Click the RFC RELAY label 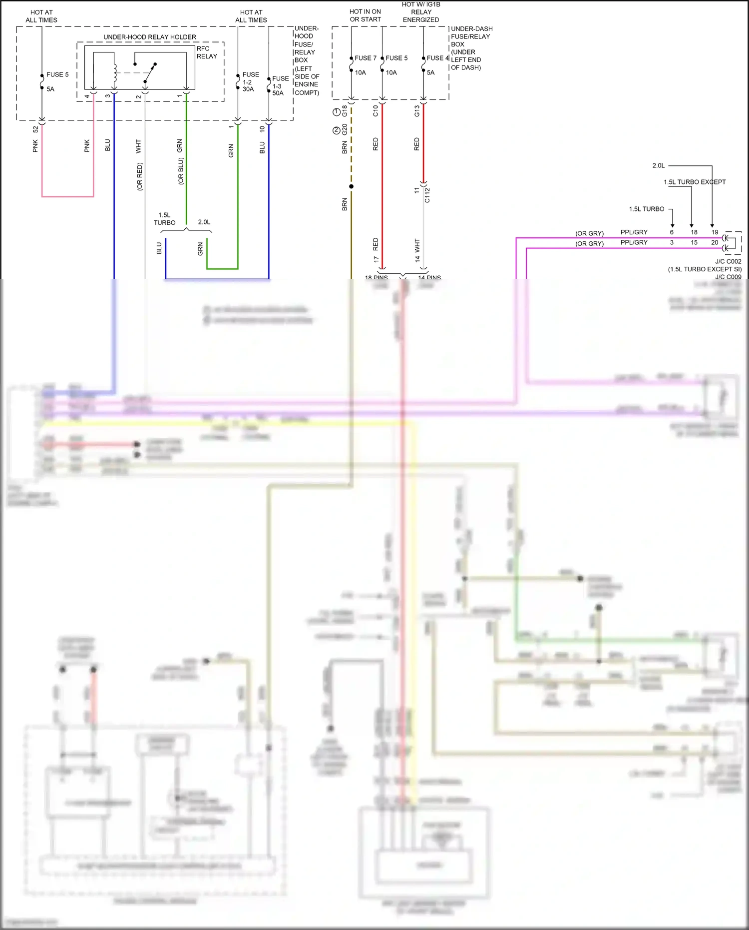[206, 52]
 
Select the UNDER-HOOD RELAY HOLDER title [150, 37]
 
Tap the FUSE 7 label [366, 58]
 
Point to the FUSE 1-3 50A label [280, 85]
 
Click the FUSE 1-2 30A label [250, 81]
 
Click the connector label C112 [427, 195]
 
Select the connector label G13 [417, 111]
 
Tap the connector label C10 [375, 111]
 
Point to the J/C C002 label [728, 261]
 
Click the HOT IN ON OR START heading [365, 15]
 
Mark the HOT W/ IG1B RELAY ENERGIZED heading [421, 12]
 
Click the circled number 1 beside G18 [337, 111]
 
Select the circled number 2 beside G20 [337, 130]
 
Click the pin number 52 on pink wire [35, 129]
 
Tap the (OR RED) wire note [139, 176]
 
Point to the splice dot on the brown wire [351, 186]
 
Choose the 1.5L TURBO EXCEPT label [694, 182]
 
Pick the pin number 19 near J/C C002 [715, 232]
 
